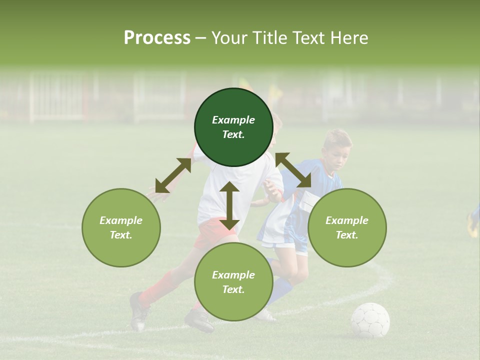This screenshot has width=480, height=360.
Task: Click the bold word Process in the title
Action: click(x=157, y=38)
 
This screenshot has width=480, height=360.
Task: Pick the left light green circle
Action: click(x=121, y=227)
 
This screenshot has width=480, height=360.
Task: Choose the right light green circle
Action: click(x=347, y=227)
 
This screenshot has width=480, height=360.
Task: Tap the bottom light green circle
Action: click(x=233, y=281)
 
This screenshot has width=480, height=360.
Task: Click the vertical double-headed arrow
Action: click(x=229, y=205)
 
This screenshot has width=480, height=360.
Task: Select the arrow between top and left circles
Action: click(x=173, y=175)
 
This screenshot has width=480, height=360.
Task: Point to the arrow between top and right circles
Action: click(x=293, y=170)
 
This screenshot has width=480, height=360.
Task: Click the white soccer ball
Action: click(x=370, y=320)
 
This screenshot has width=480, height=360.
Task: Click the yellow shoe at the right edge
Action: click(x=472, y=225)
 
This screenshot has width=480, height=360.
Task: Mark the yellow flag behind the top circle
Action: click(x=274, y=91)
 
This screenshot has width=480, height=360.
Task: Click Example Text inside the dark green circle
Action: click(x=233, y=127)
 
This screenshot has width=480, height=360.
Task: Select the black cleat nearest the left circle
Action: click(x=139, y=311)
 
